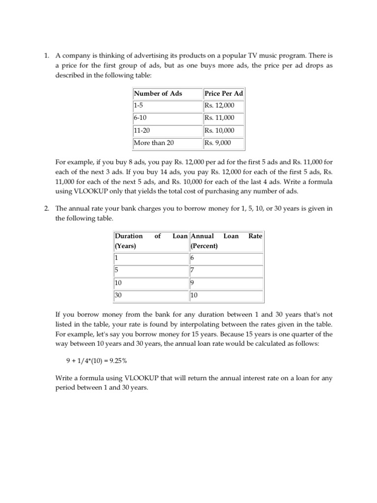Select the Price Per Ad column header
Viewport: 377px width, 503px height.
pyautogui.click(x=223, y=93)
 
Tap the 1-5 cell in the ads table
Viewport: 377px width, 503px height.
pyautogui.click(x=167, y=106)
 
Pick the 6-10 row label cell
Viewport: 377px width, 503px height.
pyautogui.click(x=167, y=118)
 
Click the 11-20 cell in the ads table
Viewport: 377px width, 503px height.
pyautogui.click(x=167, y=131)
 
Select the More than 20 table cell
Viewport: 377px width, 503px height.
pyautogui.click(x=167, y=143)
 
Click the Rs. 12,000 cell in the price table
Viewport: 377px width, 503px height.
pyautogui.click(x=223, y=106)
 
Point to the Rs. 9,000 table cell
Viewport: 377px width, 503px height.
pyautogui.click(x=223, y=143)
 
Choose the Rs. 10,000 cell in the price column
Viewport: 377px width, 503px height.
pyautogui.click(x=223, y=131)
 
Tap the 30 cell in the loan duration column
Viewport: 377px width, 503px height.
pyautogui.click(x=151, y=296)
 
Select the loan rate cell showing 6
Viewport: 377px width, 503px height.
pyautogui.click(x=226, y=257)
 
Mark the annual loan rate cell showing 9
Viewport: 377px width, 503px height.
pyautogui.click(x=226, y=283)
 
